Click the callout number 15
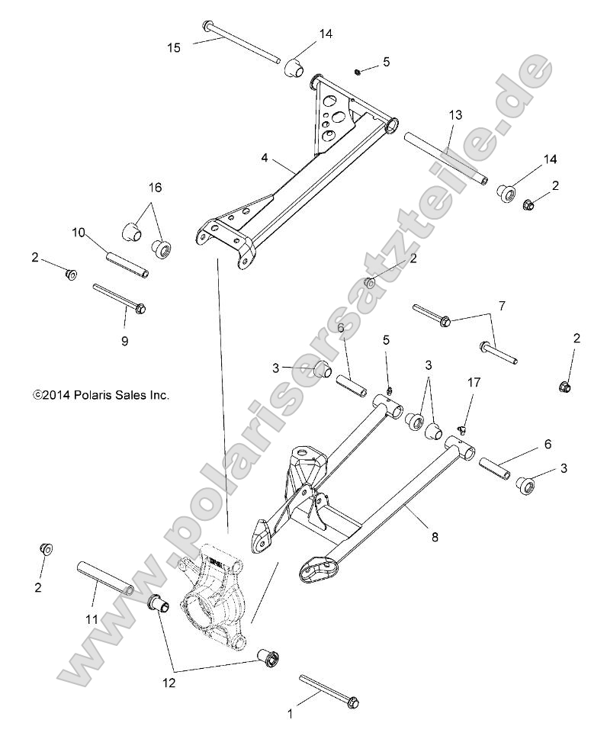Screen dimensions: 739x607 pos(174,48)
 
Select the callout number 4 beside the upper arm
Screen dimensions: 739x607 pos(264,158)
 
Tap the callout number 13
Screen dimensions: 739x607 pos(455,115)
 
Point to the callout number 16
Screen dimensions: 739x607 pos(155,187)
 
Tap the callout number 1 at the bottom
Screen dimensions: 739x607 pos(289,715)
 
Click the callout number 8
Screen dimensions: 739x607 pos(435,536)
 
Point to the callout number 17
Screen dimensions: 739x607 pos(474,382)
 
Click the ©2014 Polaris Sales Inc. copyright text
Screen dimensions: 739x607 pos(101,395)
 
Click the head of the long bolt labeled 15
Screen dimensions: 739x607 pos(208,27)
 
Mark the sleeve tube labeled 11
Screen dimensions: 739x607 pos(105,578)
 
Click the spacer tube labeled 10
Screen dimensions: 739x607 pos(126,259)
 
